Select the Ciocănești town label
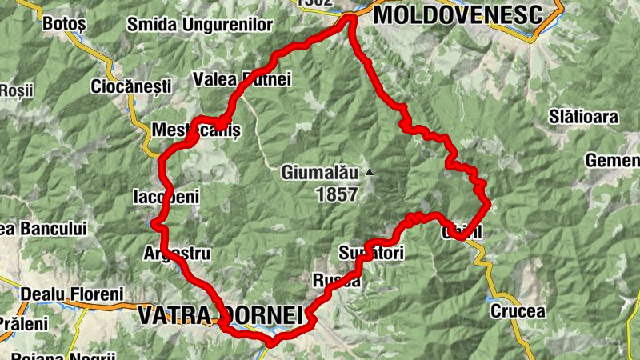(x=131, y=85)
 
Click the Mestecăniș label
(x=196, y=128)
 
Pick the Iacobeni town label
(x=165, y=196)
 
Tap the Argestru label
(x=176, y=254)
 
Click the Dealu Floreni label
(x=73, y=294)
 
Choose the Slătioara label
(x=583, y=117)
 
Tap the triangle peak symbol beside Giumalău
(x=370, y=172)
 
